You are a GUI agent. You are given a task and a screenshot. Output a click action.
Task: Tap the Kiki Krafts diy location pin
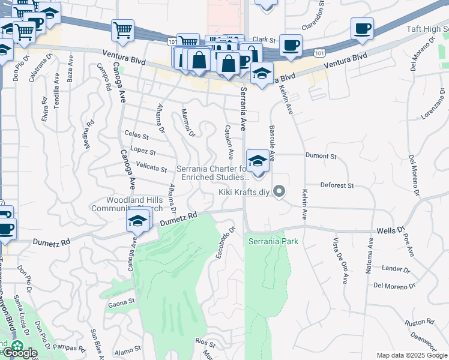279,191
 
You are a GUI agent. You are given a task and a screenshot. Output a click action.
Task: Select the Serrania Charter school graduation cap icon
258,161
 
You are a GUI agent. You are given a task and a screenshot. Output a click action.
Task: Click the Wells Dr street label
391,230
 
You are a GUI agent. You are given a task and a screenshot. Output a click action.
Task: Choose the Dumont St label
321,155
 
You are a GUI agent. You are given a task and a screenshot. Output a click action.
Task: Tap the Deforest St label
337,185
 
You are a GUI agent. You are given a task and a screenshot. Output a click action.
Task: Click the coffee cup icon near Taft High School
362,29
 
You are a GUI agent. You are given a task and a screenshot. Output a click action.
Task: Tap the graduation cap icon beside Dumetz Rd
137,221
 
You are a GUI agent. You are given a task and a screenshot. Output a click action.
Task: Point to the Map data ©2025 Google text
412,355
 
